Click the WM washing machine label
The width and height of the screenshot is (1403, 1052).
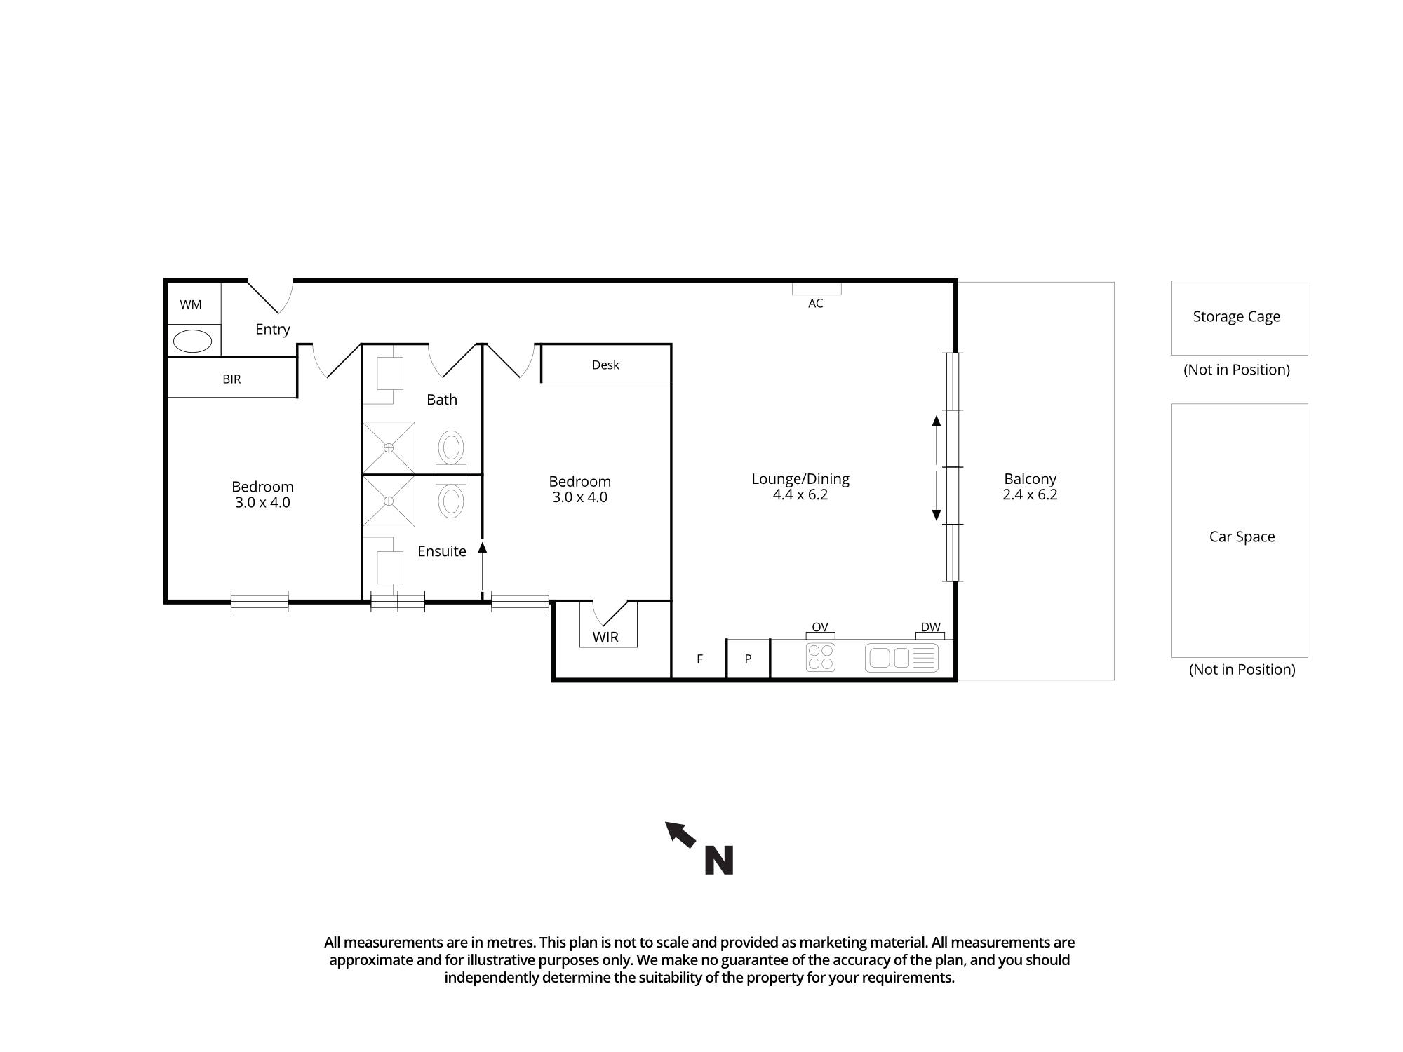click(x=191, y=304)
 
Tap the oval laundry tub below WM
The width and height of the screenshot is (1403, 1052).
click(x=192, y=342)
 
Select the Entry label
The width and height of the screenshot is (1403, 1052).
click(x=272, y=329)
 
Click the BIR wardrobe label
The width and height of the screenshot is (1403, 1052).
click(x=231, y=379)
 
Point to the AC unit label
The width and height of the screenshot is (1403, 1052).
click(x=815, y=303)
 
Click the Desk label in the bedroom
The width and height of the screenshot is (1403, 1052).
click(x=605, y=365)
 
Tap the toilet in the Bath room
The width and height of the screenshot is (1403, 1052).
click(x=451, y=447)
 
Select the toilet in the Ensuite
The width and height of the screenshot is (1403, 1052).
click(x=451, y=501)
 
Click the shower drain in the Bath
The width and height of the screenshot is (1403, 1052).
click(x=388, y=447)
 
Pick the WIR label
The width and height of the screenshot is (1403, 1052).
click(x=605, y=637)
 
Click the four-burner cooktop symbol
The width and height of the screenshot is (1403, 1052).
click(x=820, y=657)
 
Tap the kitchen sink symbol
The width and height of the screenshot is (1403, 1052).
click(x=901, y=658)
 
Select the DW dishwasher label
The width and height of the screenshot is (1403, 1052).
click(x=930, y=627)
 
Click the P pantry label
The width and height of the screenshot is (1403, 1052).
click(x=748, y=659)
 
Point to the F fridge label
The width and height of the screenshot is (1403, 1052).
click(x=699, y=659)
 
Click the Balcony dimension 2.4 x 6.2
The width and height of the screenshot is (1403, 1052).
click(x=1029, y=494)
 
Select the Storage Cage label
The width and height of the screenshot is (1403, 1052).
click(x=1236, y=316)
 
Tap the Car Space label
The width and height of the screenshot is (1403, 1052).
click(x=1242, y=537)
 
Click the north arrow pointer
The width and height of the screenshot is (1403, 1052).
click(x=680, y=835)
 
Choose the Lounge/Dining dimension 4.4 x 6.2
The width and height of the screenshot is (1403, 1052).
click(x=800, y=494)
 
